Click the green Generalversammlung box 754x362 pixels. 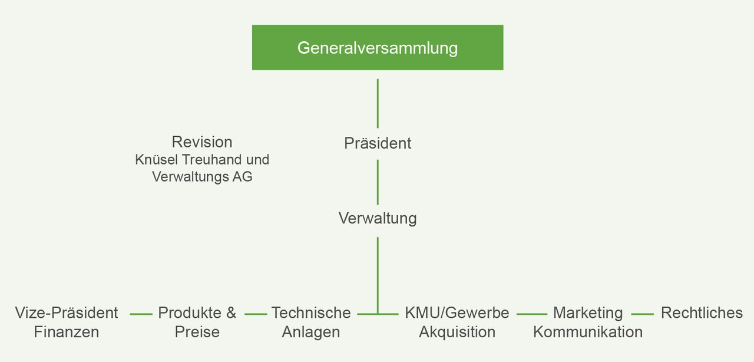pos(378,48)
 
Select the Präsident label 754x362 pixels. pos(378,143)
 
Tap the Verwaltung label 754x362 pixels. pos(378,219)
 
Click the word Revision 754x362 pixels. pos(202,142)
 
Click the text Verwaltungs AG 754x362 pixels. pos(202,177)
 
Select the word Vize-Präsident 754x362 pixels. pos(67,313)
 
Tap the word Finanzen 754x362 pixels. pos(67,332)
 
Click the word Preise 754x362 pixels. pos(197,332)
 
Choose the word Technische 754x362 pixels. pos(311,313)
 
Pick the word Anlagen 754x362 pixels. pos(311,332)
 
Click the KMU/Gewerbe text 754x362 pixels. pos(457,313)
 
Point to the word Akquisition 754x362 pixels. pos(457,332)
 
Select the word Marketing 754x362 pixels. pos(588,313)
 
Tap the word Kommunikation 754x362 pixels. pos(588,332)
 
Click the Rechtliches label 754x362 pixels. pos(702,313)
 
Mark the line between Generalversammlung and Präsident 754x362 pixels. pos(378,103)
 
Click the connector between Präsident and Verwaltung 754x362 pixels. pos(378,182)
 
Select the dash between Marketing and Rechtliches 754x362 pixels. pos(642,314)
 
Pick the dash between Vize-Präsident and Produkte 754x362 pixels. pos(141,314)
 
